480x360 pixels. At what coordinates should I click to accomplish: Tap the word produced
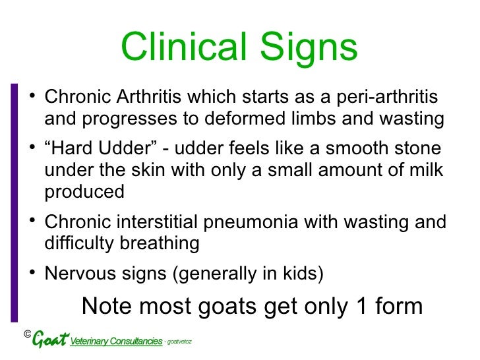pos(84,192)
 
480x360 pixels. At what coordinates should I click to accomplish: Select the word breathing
pos(161,243)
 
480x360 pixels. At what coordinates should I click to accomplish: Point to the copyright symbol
pos(27,335)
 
